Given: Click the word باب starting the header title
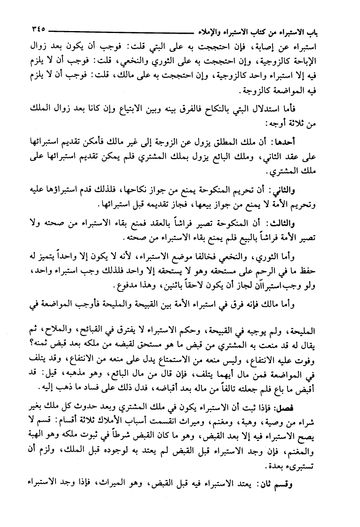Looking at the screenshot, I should (313, 30).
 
